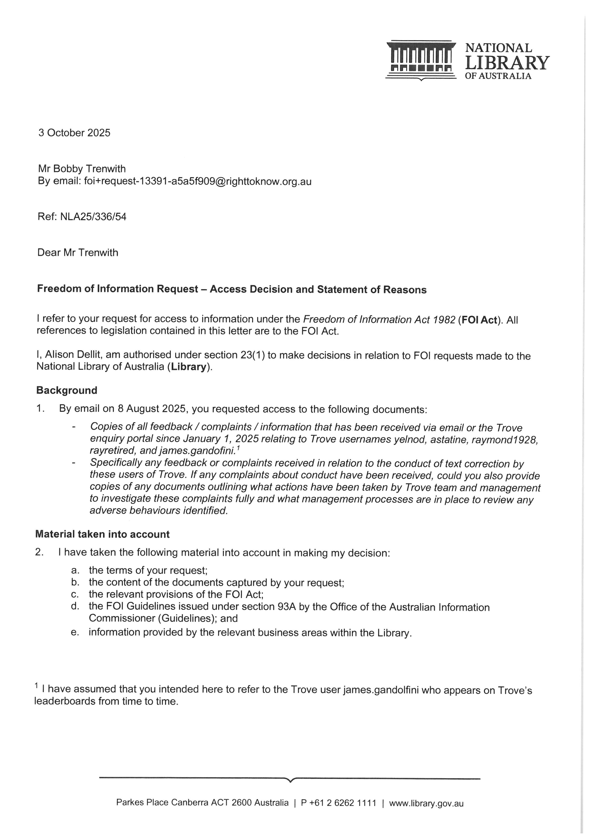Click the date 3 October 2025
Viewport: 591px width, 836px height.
(x=74, y=133)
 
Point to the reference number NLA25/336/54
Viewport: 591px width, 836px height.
(x=93, y=217)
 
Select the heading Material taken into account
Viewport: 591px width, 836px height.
(x=102, y=534)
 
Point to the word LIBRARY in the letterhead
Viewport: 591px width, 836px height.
(x=507, y=63)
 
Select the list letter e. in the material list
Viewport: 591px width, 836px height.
(x=75, y=632)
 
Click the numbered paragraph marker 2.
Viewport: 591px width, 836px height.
(x=39, y=552)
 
